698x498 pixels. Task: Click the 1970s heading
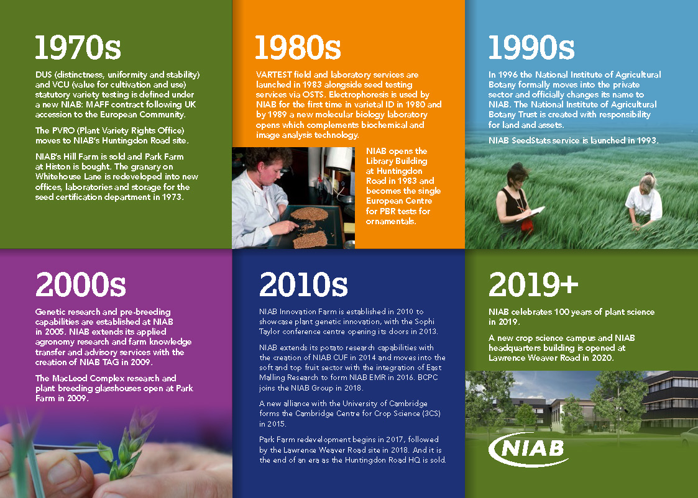tap(78, 48)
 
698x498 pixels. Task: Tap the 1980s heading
tap(298, 48)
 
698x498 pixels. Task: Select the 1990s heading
tap(531, 48)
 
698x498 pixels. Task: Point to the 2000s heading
tap(81, 284)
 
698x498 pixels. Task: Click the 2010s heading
tap(303, 284)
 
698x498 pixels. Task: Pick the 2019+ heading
tap(533, 284)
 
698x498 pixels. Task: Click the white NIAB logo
tap(528, 450)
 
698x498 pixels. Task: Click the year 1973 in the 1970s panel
tap(172, 197)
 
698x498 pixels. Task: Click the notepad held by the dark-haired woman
tap(531, 213)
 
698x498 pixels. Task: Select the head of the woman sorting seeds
tap(266, 165)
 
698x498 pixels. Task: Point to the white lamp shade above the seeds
tap(339, 158)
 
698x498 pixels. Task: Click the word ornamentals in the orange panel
tap(390, 222)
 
